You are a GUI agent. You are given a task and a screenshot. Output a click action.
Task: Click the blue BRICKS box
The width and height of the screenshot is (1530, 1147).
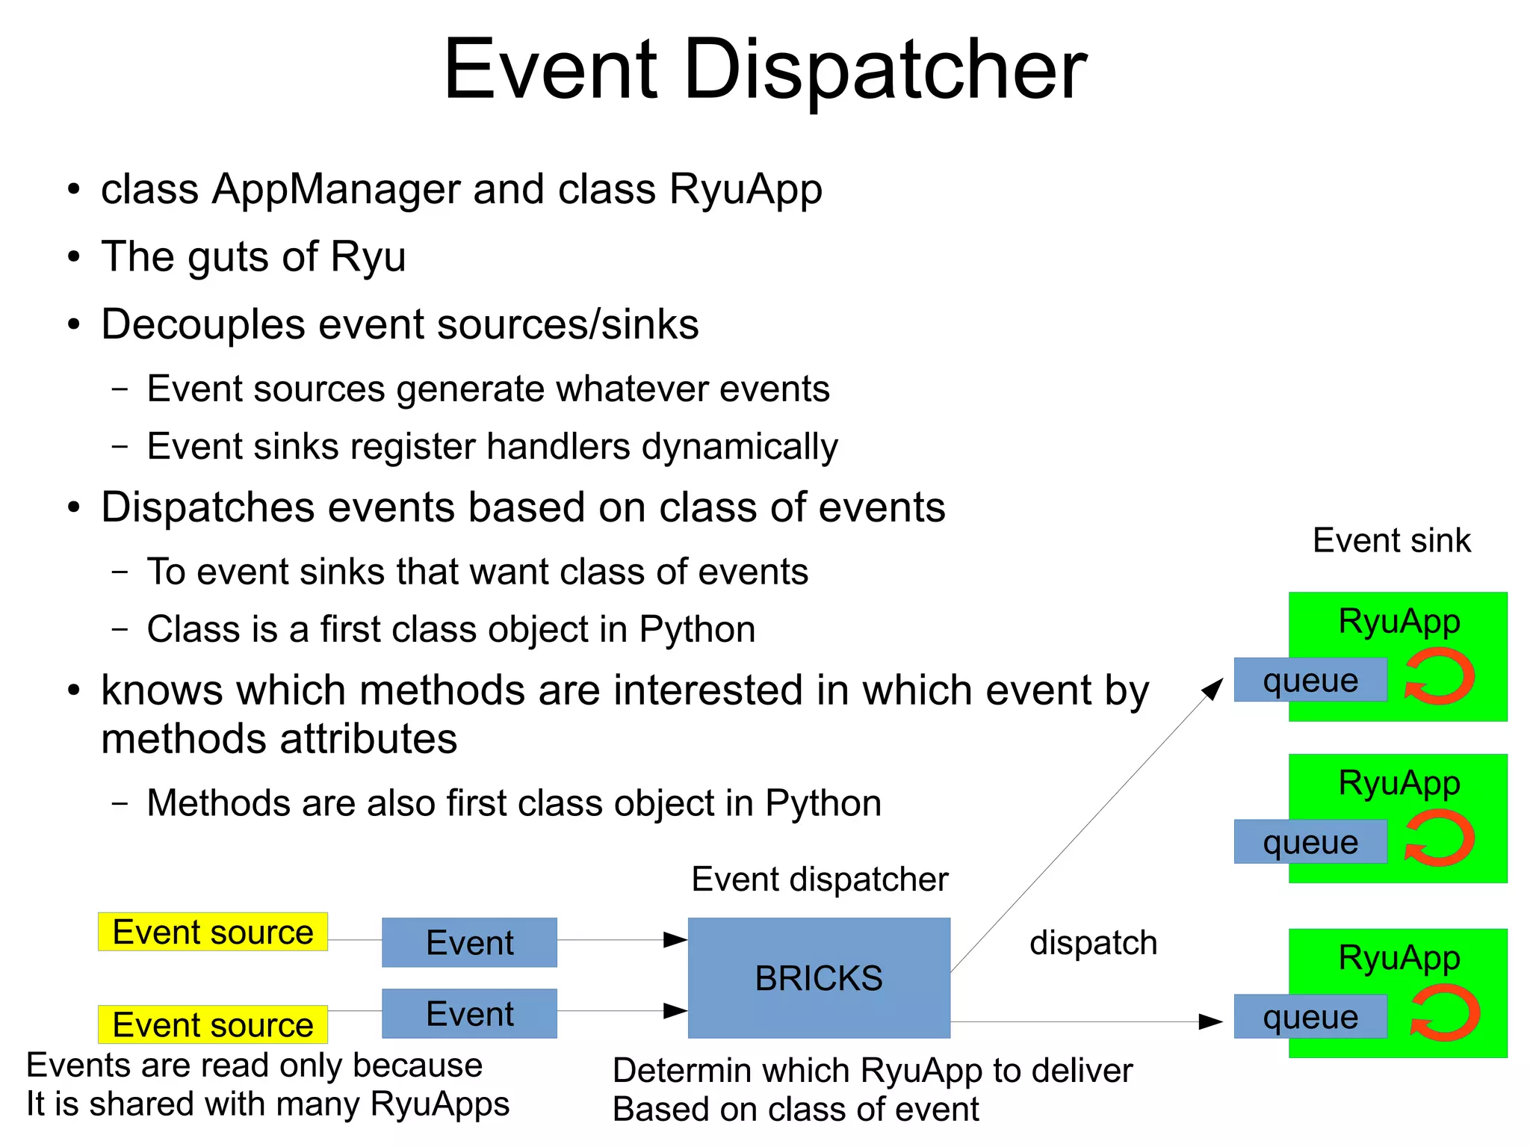pyautogui.click(x=818, y=977)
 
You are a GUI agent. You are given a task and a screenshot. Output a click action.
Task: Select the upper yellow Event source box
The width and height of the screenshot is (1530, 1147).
pyautogui.click(x=212, y=932)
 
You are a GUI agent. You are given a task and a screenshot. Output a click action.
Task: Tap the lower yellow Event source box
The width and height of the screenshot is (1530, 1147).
pyautogui.click(x=212, y=1024)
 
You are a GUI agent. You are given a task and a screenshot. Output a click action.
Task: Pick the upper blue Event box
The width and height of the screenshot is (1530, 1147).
pyautogui.click(x=469, y=942)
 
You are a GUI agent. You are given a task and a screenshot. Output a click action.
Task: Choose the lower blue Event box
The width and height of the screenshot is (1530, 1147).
pyautogui.click(x=469, y=1013)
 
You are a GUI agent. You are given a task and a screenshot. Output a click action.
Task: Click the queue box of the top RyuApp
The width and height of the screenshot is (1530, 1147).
pyautogui.click(x=1310, y=680)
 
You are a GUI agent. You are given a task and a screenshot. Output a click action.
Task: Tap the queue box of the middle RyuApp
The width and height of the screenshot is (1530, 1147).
pyautogui.click(x=1310, y=842)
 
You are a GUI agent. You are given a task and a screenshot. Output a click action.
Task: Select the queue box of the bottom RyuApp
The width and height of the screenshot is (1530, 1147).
pyautogui.click(x=1310, y=1017)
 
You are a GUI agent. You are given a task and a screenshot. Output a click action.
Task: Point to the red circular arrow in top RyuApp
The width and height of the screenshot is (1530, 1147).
pyautogui.click(x=1439, y=677)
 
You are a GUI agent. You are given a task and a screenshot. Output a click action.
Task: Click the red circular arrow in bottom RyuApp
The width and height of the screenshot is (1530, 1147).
pyautogui.click(x=1444, y=1013)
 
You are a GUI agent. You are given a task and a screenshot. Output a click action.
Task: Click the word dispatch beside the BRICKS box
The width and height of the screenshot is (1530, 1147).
pyautogui.click(x=1093, y=942)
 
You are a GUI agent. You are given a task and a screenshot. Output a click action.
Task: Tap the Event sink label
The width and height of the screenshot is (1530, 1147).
pyautogui.click(x=1391, y=540)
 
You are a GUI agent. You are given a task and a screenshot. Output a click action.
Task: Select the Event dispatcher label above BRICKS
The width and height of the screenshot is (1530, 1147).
pyautogui.click(x=819, y=879)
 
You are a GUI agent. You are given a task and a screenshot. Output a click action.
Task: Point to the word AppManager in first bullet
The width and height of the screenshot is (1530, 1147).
pyautogui.click(x=337, y=189)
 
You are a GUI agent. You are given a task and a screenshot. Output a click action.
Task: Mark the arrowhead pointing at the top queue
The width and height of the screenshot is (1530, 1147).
pyautogui.click(x=1213, y=688)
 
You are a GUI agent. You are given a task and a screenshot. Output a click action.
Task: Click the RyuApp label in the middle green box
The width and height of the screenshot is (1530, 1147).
pyautogui.click(x=1399, y=783)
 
